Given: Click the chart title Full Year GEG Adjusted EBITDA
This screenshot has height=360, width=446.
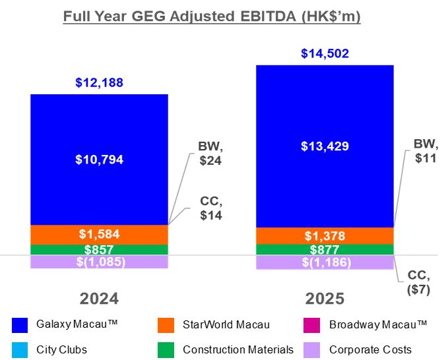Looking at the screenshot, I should (x=212, y=16).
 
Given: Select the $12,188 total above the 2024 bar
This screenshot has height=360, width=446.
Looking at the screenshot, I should (x=99, y=82).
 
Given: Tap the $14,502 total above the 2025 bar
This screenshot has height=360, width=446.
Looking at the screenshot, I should (x=324, y=54).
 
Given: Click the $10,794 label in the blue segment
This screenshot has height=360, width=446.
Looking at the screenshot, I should (x=99, y=159).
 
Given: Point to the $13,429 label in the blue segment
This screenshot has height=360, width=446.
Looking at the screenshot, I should (x=324, y=146).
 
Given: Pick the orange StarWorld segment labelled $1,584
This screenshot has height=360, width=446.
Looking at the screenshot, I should (x=99, y=235).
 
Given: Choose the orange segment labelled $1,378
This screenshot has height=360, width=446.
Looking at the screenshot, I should (x=324, y=236).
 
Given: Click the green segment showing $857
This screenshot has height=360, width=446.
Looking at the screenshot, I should (x=99, y=249).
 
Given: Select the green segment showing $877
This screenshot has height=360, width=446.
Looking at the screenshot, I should (x=324, y=249).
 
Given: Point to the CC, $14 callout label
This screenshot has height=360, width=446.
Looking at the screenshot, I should (x=211, y=208).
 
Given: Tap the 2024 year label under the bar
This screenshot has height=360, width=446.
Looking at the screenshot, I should (x=99, y=299).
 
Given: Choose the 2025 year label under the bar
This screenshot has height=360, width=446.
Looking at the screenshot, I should (x=324, y=299).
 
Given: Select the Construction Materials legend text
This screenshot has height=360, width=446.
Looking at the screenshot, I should (x=228, y=350).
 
